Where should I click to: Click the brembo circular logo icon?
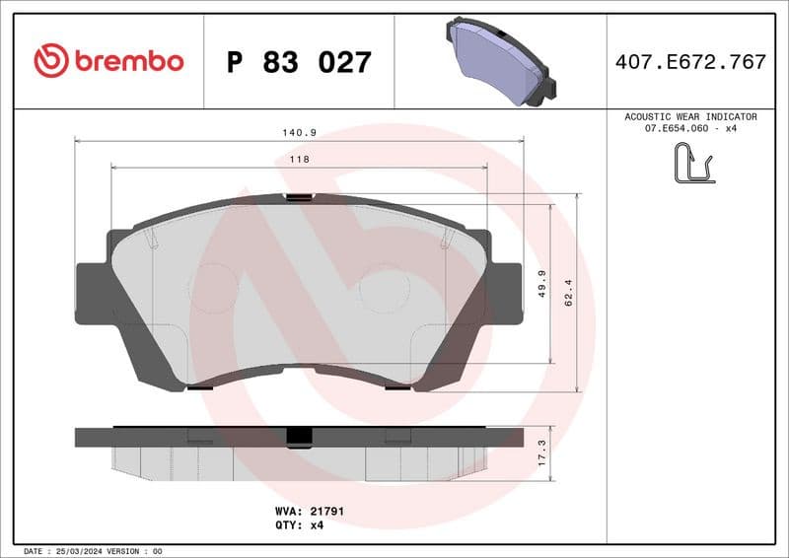50,61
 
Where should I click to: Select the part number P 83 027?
299,62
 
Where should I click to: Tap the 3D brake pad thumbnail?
499,61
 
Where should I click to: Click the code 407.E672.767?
690,62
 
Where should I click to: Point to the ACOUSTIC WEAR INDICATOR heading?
690,116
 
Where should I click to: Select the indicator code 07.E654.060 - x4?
690,129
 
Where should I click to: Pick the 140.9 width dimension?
299,132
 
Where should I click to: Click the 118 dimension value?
299,159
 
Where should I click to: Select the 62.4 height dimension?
568,293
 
